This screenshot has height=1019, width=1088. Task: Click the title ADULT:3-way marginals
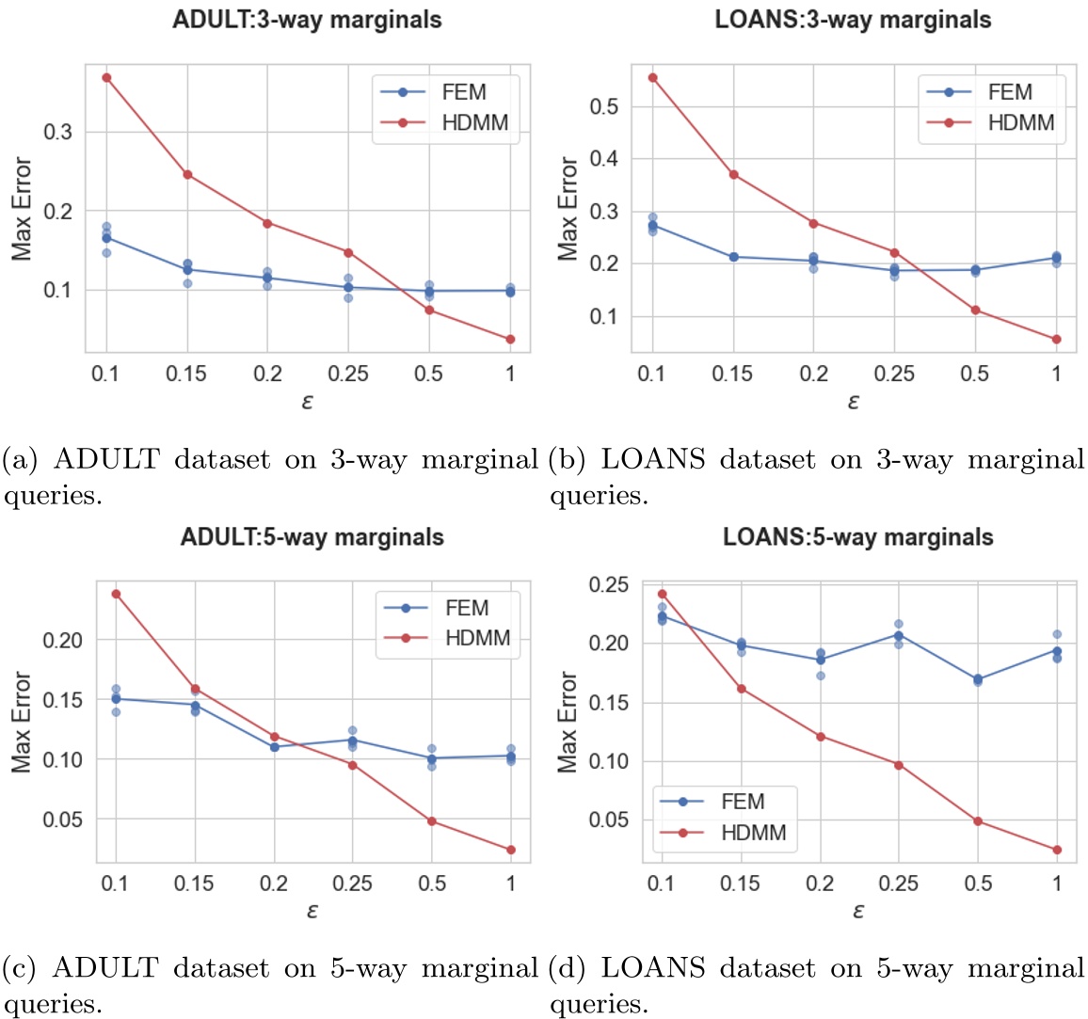[x=307, y=20]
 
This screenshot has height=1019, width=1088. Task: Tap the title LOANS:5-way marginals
[x=857, y=537]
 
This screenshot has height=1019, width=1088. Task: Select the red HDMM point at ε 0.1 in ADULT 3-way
[x=106, y=77]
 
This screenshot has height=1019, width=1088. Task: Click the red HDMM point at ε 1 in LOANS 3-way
[x=1056, y=339]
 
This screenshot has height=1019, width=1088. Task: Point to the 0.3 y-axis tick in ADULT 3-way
[x=59, y=132]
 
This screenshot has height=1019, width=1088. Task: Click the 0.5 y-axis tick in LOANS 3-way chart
[x=603, y=106]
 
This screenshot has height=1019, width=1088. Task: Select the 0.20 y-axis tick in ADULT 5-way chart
[x=63, y=640]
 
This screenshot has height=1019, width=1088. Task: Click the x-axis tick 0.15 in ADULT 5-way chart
[x=195, y=884]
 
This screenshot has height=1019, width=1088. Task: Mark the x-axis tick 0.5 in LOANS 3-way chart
[x=975, y=374]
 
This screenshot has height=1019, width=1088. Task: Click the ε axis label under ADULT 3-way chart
[x=308, y=402]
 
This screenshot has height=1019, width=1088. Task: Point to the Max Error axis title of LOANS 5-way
[x=568, y=722]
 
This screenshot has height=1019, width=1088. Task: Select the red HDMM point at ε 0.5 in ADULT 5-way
[x=432, y=821]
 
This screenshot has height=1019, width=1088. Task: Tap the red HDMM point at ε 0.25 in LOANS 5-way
[x=899, y=765]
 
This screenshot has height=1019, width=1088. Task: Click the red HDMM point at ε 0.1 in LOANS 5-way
[x=662, y=594]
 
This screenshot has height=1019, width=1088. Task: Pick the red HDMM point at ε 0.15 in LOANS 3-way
[x=733, y=174]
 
